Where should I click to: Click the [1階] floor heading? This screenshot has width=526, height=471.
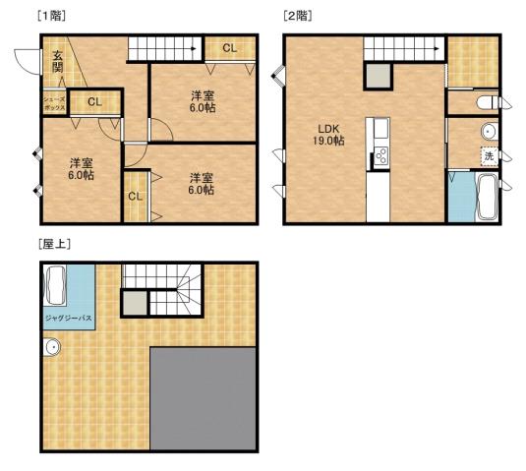point(52,16)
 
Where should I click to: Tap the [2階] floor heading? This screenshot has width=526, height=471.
point(298,16)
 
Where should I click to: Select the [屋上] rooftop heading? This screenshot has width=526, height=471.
point(52,243)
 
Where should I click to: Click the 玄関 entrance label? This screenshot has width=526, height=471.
point(59,62)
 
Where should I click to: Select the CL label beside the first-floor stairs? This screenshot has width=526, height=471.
point(229,47)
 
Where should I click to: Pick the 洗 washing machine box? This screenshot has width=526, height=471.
point(488,156)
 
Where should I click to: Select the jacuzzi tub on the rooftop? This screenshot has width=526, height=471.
point(55,286)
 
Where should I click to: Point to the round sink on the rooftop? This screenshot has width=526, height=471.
point(53,347)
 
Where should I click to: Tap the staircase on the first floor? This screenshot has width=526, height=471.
point(166,47)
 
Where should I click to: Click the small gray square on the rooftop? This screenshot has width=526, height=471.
point(135,303)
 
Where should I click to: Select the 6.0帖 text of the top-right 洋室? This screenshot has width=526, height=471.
point(203,108)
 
